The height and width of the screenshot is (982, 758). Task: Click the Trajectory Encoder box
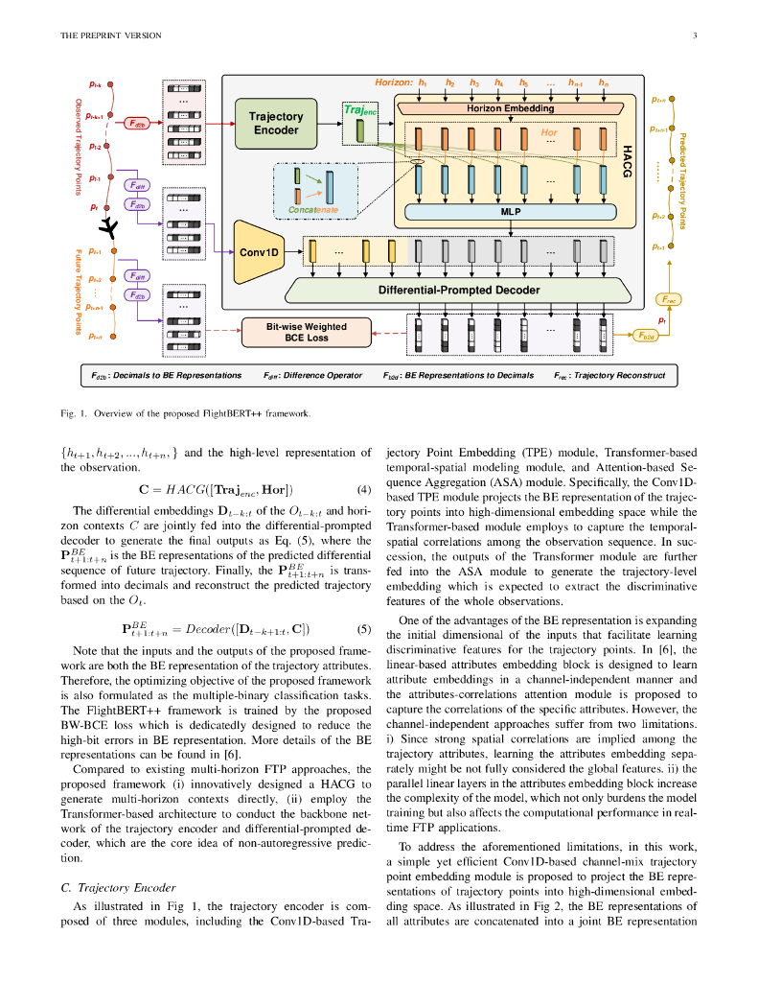pyautogui.click(x=276, y=124)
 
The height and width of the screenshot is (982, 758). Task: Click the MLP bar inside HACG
pyautogui.click(x=511, y=212)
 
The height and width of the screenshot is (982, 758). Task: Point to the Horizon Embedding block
pyautogui.click(x=511, y=108)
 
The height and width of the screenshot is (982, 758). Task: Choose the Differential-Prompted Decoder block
pyautogui.click(x=458, y=290)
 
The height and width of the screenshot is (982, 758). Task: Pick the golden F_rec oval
pyautogui.click(x=670, y=300)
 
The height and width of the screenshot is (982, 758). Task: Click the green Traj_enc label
pyautogui.click(x=359, y=110)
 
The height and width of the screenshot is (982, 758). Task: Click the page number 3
pyautogui.click(x=693, y=36)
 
